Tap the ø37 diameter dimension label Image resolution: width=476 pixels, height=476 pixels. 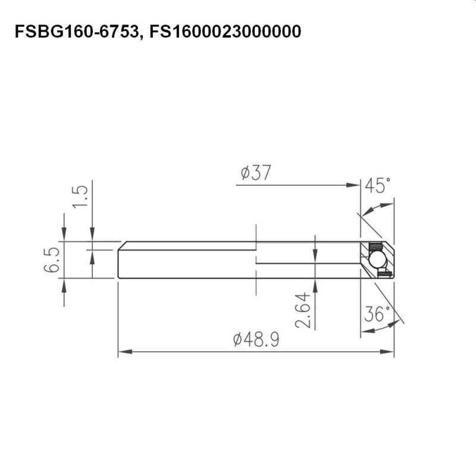point(256,173)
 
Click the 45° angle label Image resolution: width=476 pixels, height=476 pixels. point(378,186)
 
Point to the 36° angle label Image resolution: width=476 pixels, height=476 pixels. point(378,314)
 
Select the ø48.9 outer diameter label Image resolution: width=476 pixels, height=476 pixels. point(256,340)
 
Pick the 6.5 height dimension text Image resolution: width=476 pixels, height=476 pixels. point(51,261)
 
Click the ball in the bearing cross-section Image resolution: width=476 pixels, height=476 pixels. point(376,259)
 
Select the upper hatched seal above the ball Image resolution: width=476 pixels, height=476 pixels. point(375,247)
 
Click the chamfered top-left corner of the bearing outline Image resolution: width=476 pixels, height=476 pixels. point(121,244)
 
